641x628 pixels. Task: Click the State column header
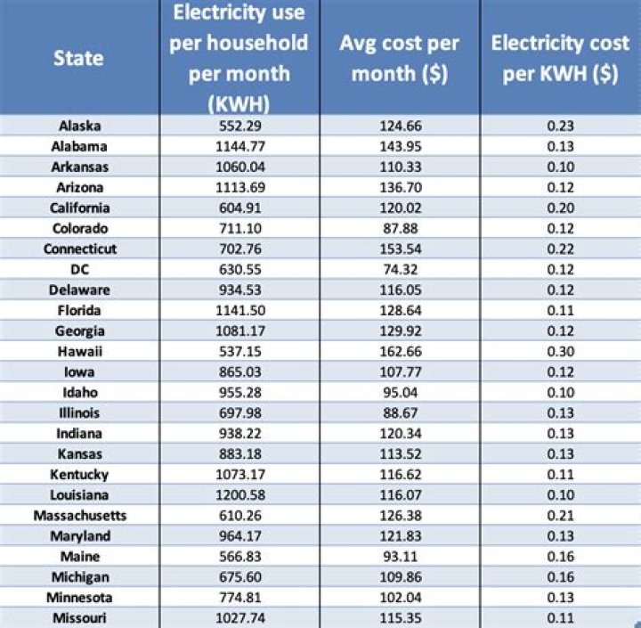[x=78, y=59]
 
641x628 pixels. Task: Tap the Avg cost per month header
[x=400, y=59]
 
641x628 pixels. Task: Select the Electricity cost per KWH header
[x=560, y=59]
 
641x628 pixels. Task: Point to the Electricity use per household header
[x=239, y=59]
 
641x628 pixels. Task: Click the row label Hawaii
[x=80, y=351]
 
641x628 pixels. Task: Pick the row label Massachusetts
[x=80, y=515]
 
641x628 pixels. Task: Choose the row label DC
[x=80, y=269]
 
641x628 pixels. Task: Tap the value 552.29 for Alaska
[x=239, y=126]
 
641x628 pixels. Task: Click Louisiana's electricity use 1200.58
[x=239, y=494]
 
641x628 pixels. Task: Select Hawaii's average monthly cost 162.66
[x=400, y=351]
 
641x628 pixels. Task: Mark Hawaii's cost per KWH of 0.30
[x=560, y=351]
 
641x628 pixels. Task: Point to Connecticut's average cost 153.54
[x=400, y=249]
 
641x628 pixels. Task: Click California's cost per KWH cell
[x=560, y=208]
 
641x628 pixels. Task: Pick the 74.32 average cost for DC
[x=400, y=269]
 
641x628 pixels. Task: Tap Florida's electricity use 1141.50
[x=239, y=310]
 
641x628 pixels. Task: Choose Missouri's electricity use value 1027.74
[x=239, y=617]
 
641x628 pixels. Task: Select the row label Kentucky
[x=80, y=474]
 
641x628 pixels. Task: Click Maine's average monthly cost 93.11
[x=400, y=556]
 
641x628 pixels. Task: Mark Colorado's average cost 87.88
[x=400, y=228]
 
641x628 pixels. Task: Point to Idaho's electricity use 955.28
[x=239, y=392]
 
